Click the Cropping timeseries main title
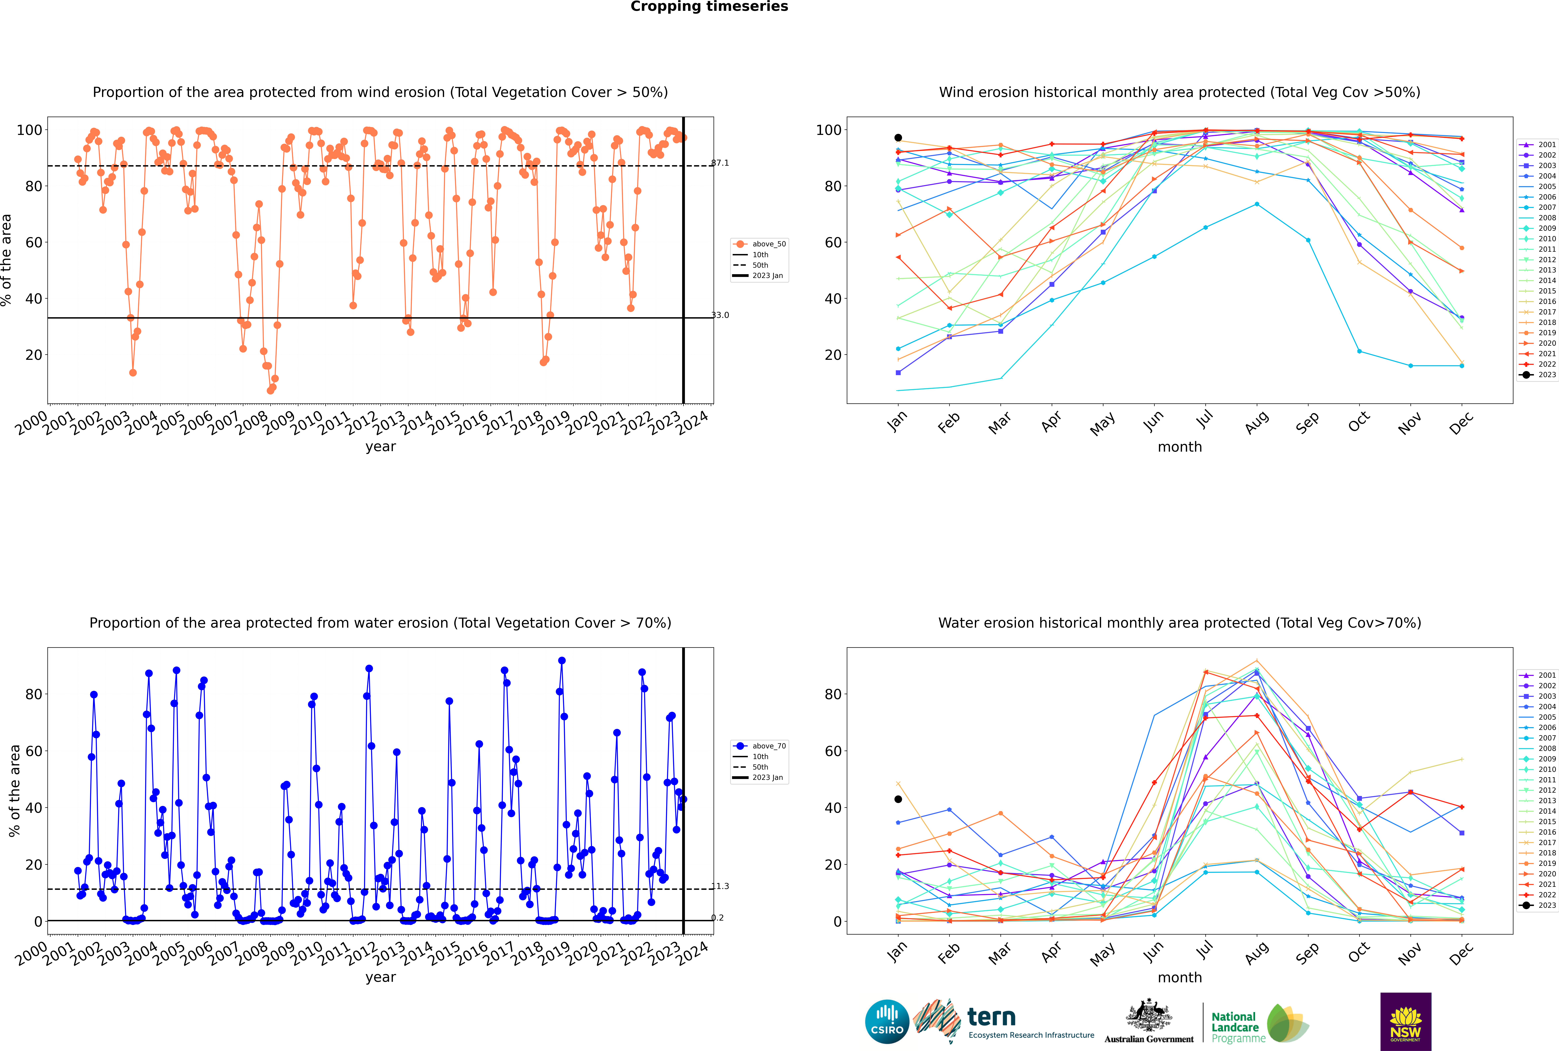coord(709,7)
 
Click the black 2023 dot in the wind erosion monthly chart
coord(898,137)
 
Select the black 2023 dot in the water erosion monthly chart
coord(898,799)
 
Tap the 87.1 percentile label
coord(720,163)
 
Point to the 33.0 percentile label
coord(720,315)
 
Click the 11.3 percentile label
coord(720,886)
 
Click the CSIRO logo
coord(887,1022)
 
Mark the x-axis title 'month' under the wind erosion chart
coord(1180,447)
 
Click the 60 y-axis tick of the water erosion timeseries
coord(33,751)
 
